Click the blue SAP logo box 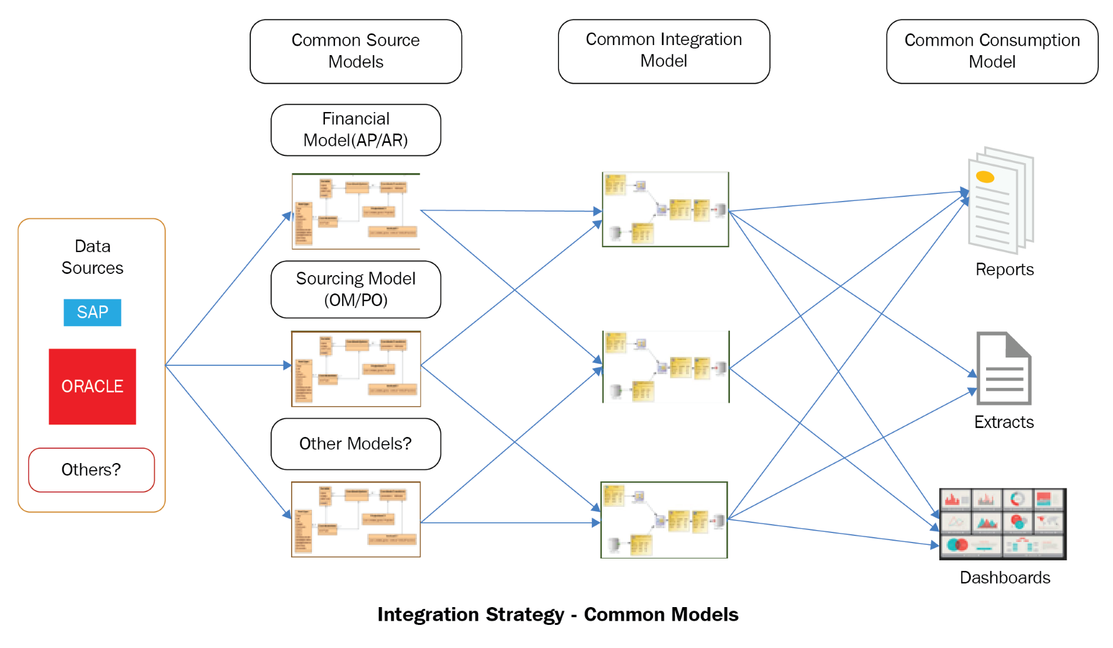[92, 312]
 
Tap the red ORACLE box [92, 386]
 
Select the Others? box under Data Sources [91, 470]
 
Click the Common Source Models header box [355, 51]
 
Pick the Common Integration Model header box [664, 51]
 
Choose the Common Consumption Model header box [991, 51]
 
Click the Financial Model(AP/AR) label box [355, 130]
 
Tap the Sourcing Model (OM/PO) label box [355, 289]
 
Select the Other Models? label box [355, 443]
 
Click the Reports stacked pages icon [1000, 200]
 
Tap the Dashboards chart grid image [1003, 523]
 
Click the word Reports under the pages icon [1004, 269]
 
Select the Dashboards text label [1004, 577]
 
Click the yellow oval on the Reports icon [985, 177]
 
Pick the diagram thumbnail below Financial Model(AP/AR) [356, 211]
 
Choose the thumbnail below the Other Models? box [356, 519]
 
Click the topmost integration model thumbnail [665, 209]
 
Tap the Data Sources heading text [93, 257]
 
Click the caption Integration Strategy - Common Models [557, 614]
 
